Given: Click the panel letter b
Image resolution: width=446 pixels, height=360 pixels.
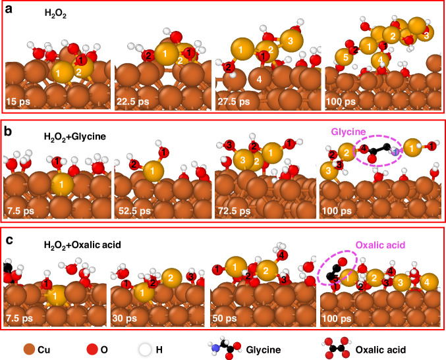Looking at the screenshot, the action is click(10, 126).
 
